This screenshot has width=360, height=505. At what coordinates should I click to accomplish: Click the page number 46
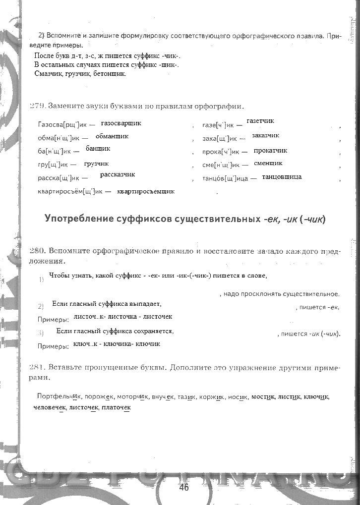pos(183,487)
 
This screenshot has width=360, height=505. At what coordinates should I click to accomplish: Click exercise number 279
pos(37,106)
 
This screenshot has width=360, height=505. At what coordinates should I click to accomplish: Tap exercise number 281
pos(38,368)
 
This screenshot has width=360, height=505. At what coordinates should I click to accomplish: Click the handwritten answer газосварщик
pos(121,122)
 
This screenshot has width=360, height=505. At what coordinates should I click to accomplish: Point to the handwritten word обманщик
pos(112,136)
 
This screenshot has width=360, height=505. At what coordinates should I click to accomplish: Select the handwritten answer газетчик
pos(260,121)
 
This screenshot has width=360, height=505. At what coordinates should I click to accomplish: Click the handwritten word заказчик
pos(265,135)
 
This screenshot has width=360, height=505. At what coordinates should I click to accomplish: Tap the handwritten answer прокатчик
pos(270,151)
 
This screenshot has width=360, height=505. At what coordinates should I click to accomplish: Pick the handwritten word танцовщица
pos(282,177)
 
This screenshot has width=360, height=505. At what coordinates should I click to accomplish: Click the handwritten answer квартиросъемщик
pos(146,191)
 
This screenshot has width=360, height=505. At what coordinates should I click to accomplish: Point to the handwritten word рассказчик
pos(118,174)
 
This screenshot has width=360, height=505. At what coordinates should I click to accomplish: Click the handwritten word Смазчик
pos(48,74)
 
